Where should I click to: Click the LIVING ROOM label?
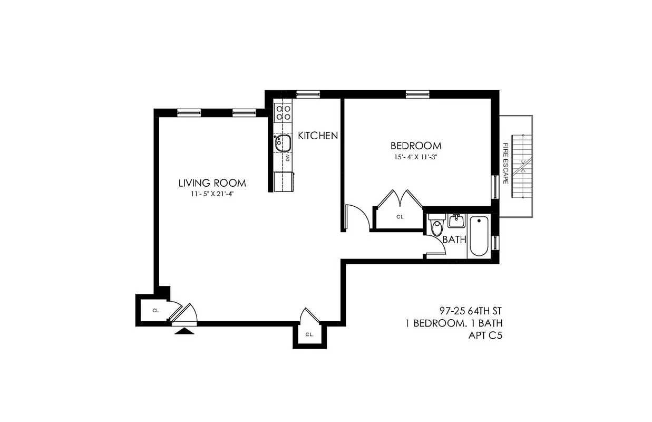(212, 183)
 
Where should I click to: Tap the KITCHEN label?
(318, 136)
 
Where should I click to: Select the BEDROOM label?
(416, 146)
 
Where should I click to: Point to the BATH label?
(454, 239)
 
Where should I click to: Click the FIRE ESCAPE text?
(505, 163)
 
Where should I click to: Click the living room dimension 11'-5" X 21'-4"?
(212, 194)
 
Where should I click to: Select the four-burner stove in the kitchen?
(284, 112)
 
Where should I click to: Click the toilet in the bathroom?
(437, 227)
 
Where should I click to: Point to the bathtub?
(479, 236)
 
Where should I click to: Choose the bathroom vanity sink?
(456, 220)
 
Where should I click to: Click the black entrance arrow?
(183, 331)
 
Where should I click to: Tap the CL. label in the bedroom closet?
(400, 216)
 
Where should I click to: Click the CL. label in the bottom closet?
(309, 334)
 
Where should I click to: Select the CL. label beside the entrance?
(156, 311)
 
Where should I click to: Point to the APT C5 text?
(485, 334)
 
